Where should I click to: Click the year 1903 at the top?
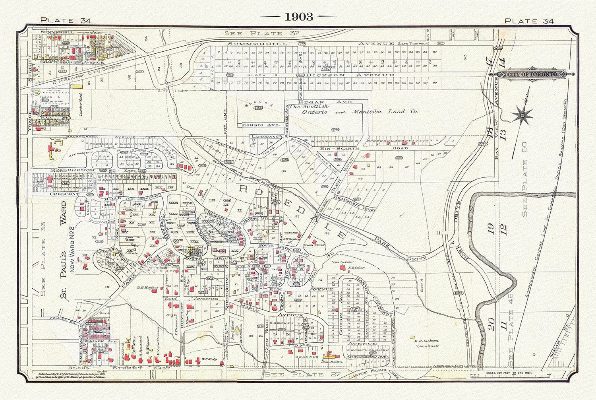tap(298, 16)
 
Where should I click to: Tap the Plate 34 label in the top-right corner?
tap(529, 21)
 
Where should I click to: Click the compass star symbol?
tap(522, 115)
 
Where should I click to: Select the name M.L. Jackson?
tap(425, 341)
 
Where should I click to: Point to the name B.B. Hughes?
tap(147, 287)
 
